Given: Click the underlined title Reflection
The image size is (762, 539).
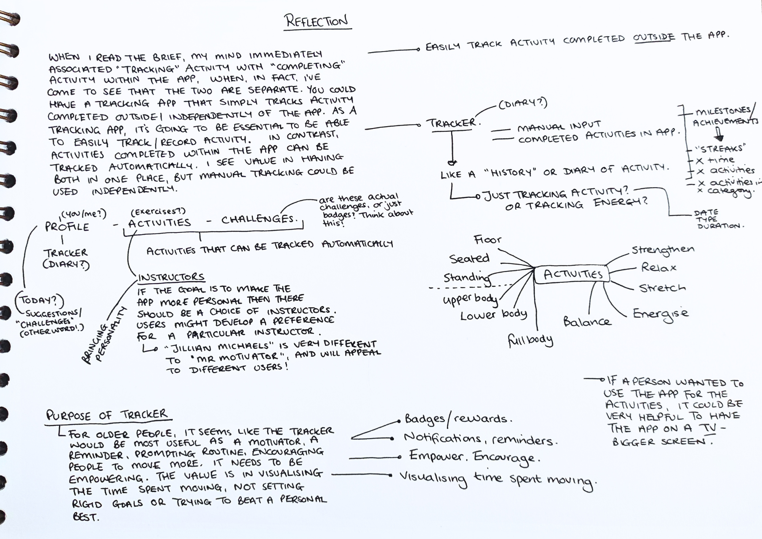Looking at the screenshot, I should tap(317, 21).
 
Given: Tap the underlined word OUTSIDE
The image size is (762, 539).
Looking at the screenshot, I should tap(654, 37).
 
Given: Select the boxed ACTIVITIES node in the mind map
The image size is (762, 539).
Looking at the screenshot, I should tap(573, 274).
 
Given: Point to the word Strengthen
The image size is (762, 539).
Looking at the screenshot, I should tap(663, 250).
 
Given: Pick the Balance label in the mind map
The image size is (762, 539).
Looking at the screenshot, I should tap(587, 322).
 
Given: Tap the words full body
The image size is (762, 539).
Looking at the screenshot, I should tap(530, 340).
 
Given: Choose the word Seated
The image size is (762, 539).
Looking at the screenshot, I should tap(469, 258).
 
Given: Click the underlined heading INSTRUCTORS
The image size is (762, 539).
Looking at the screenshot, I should tap(171, 277).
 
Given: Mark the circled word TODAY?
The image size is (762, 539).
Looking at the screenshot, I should tap(38, 300).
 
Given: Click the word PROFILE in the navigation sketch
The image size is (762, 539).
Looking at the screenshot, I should tap(67, 227).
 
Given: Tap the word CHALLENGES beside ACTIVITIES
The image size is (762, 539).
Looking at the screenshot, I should tap(258, 219).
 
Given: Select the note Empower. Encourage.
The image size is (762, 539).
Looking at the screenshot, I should tap(474, 457).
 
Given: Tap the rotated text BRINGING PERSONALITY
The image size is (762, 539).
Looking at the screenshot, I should tap(102, 336).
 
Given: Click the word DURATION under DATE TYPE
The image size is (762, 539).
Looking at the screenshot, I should tap(719, 226).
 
